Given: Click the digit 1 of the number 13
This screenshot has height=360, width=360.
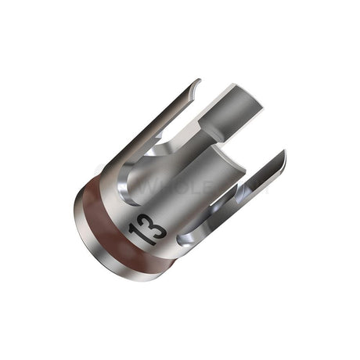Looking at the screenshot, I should [x=143, y=217].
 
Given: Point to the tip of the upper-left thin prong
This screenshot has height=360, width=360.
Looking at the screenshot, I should [x=196, y=81].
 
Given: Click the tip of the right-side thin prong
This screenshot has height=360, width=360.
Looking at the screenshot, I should [x=283, y=154].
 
